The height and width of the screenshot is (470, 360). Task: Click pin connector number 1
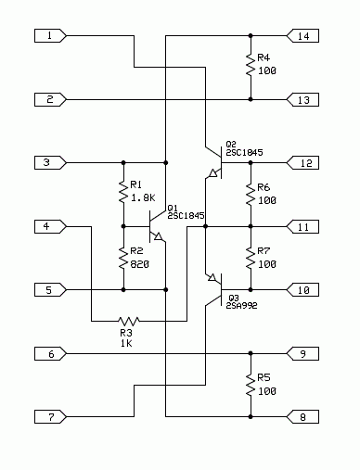(x=50, y=36)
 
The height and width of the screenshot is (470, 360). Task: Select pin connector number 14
(x=302, y=36)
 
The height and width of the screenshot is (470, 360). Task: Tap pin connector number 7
(x=50, y=417)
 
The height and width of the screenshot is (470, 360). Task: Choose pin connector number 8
(x=302, y=417)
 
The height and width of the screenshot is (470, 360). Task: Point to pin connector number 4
(x=50, y=226)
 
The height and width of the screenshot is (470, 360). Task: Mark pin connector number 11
(x=302, y=227)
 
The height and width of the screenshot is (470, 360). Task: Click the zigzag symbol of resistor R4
(x=251, y=65)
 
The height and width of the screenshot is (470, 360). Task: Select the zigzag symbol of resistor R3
(x=129, y=322)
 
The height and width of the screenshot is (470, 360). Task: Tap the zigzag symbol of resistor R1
(x=123, y=192)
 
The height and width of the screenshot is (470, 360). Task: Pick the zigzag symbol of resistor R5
(x=251, y=385)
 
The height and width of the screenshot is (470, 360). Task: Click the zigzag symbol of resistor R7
(x=251, y=258)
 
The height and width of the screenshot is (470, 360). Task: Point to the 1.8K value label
(x=143, y=197)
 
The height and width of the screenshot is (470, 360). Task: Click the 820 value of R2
(x=140, y=264)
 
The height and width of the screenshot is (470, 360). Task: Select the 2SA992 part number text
(x=241, y=306)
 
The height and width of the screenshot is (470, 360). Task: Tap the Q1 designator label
(x=173, y=208)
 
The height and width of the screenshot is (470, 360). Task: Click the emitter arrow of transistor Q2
(x=213, y=173)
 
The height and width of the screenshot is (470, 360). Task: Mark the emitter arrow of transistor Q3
(x=212, y=277)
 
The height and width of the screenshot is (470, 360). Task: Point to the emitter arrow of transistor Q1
(x=158, y=236)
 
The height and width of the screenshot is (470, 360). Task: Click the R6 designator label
(x=264, y=187)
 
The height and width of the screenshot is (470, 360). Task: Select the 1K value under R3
(x=126, y=343)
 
